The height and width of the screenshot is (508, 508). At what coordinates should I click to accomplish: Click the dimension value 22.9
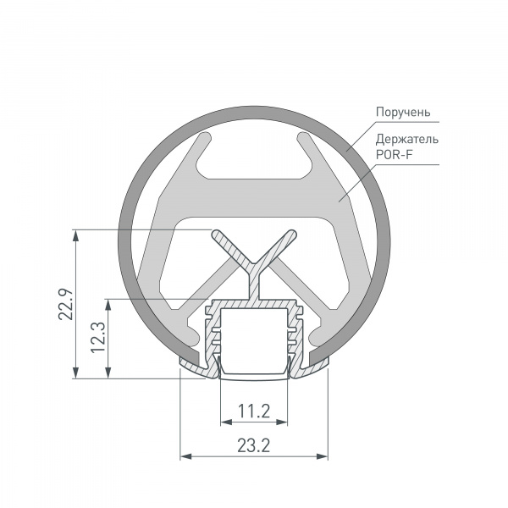point(62,304)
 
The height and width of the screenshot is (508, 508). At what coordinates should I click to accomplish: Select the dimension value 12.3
point(96,338)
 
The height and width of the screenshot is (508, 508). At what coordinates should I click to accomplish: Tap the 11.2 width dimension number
point(253,411)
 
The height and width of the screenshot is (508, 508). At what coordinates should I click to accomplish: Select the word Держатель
point(406,139)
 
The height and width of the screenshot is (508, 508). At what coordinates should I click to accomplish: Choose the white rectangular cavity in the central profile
point(253,334)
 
